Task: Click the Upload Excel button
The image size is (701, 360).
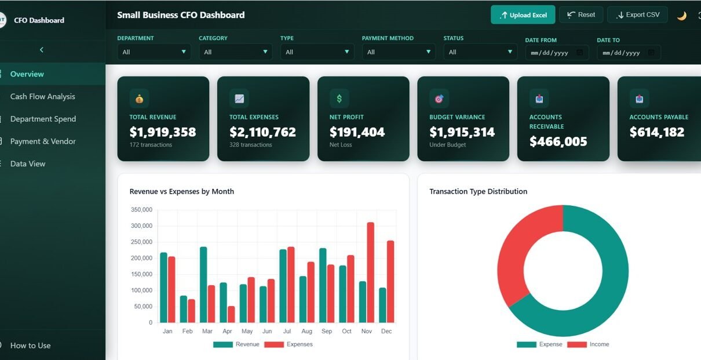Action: pos(523,15)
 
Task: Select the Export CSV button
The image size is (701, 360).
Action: pos(637,15)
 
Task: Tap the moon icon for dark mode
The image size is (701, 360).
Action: pos(682,16)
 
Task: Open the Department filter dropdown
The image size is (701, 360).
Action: pos(154,52)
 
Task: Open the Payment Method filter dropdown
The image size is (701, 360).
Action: pos(399,52)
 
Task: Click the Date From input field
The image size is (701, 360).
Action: pos(557,53)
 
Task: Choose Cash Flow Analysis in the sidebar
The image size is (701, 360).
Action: pos(43,97)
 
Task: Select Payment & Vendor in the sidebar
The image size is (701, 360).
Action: pos(43,141)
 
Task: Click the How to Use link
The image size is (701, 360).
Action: pos(30,346)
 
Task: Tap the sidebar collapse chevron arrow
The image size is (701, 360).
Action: pos(42,50)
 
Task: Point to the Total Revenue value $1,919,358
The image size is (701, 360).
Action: pos(163,132)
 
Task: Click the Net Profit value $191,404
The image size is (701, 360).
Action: pos(357,132)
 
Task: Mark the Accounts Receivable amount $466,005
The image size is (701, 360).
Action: pos(558,141)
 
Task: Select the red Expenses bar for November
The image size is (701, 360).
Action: pos(371,272)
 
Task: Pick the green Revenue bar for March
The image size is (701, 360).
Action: pos(203,285)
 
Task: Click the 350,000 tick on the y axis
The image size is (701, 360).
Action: pos(141,210)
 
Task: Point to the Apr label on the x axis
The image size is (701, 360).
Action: pos(227,332)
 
